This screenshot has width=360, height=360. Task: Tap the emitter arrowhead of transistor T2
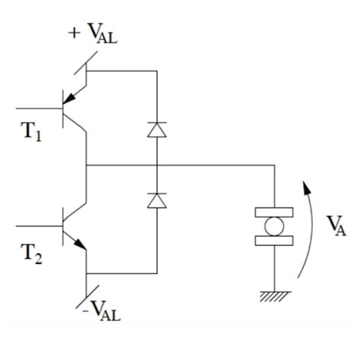pyautogui.click(x=78, y=244)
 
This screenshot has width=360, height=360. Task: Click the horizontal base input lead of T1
pyautogui.click(x=38, y=108)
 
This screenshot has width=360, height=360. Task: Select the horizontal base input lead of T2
pyautogui.click(x=38, y=226)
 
